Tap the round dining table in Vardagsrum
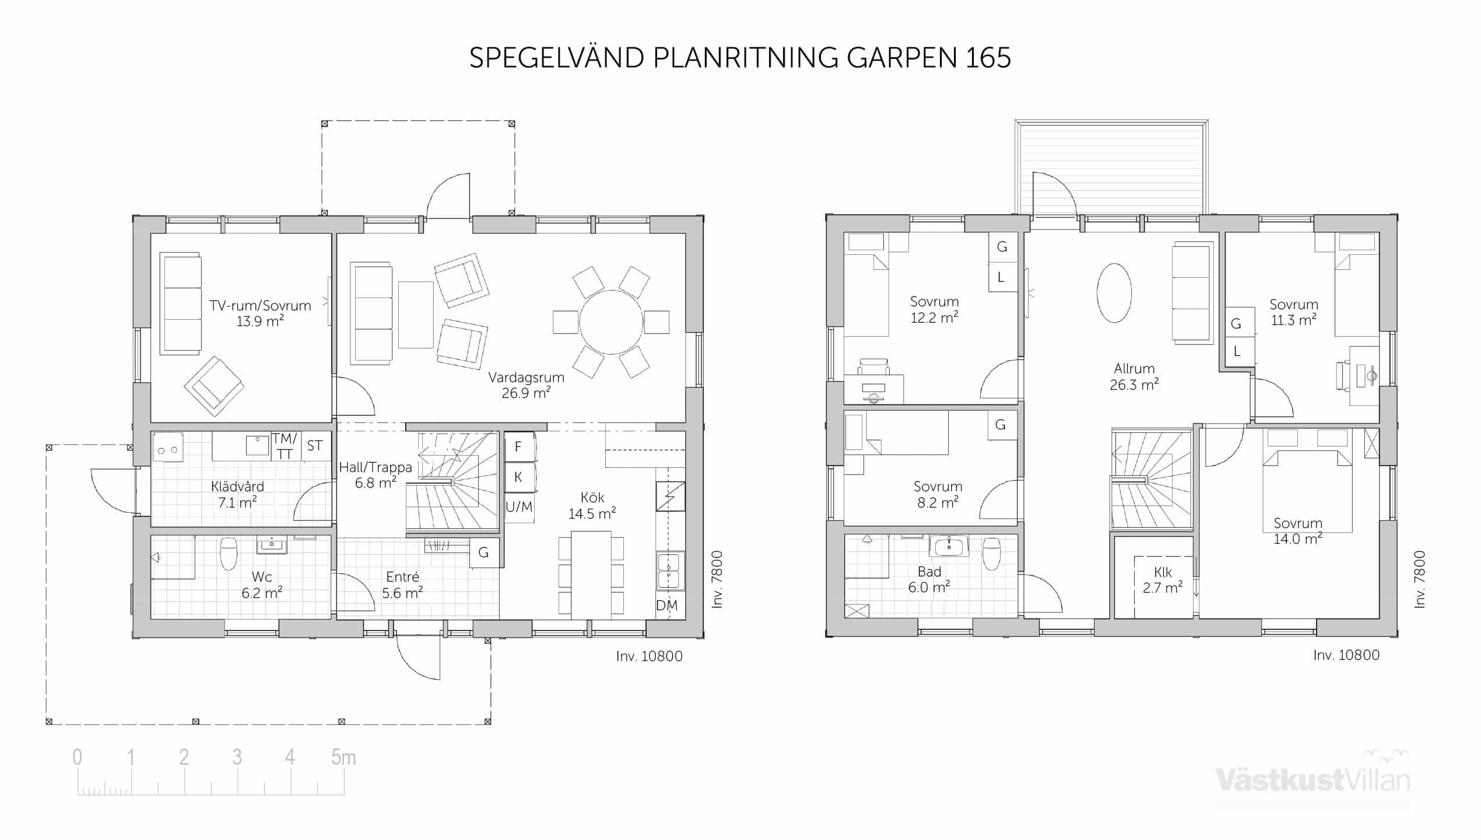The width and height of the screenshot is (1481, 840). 611,322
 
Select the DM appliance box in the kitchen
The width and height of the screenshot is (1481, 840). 667,605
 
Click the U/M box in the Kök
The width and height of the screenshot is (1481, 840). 519,507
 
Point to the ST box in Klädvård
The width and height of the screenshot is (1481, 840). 315,446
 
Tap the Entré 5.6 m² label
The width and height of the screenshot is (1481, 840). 402,585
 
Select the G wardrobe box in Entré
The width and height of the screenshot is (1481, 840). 484,552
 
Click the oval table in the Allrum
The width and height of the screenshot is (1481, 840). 1114,293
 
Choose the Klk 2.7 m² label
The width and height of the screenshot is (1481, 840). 1162,580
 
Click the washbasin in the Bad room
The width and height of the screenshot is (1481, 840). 949,546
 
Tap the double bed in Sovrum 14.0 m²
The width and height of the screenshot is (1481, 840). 1307,491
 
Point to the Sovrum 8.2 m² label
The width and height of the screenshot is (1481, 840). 938,495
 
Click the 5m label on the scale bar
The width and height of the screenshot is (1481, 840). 343,757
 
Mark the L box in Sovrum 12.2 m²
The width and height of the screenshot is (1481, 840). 1002,277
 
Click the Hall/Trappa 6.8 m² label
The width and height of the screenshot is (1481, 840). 375,475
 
